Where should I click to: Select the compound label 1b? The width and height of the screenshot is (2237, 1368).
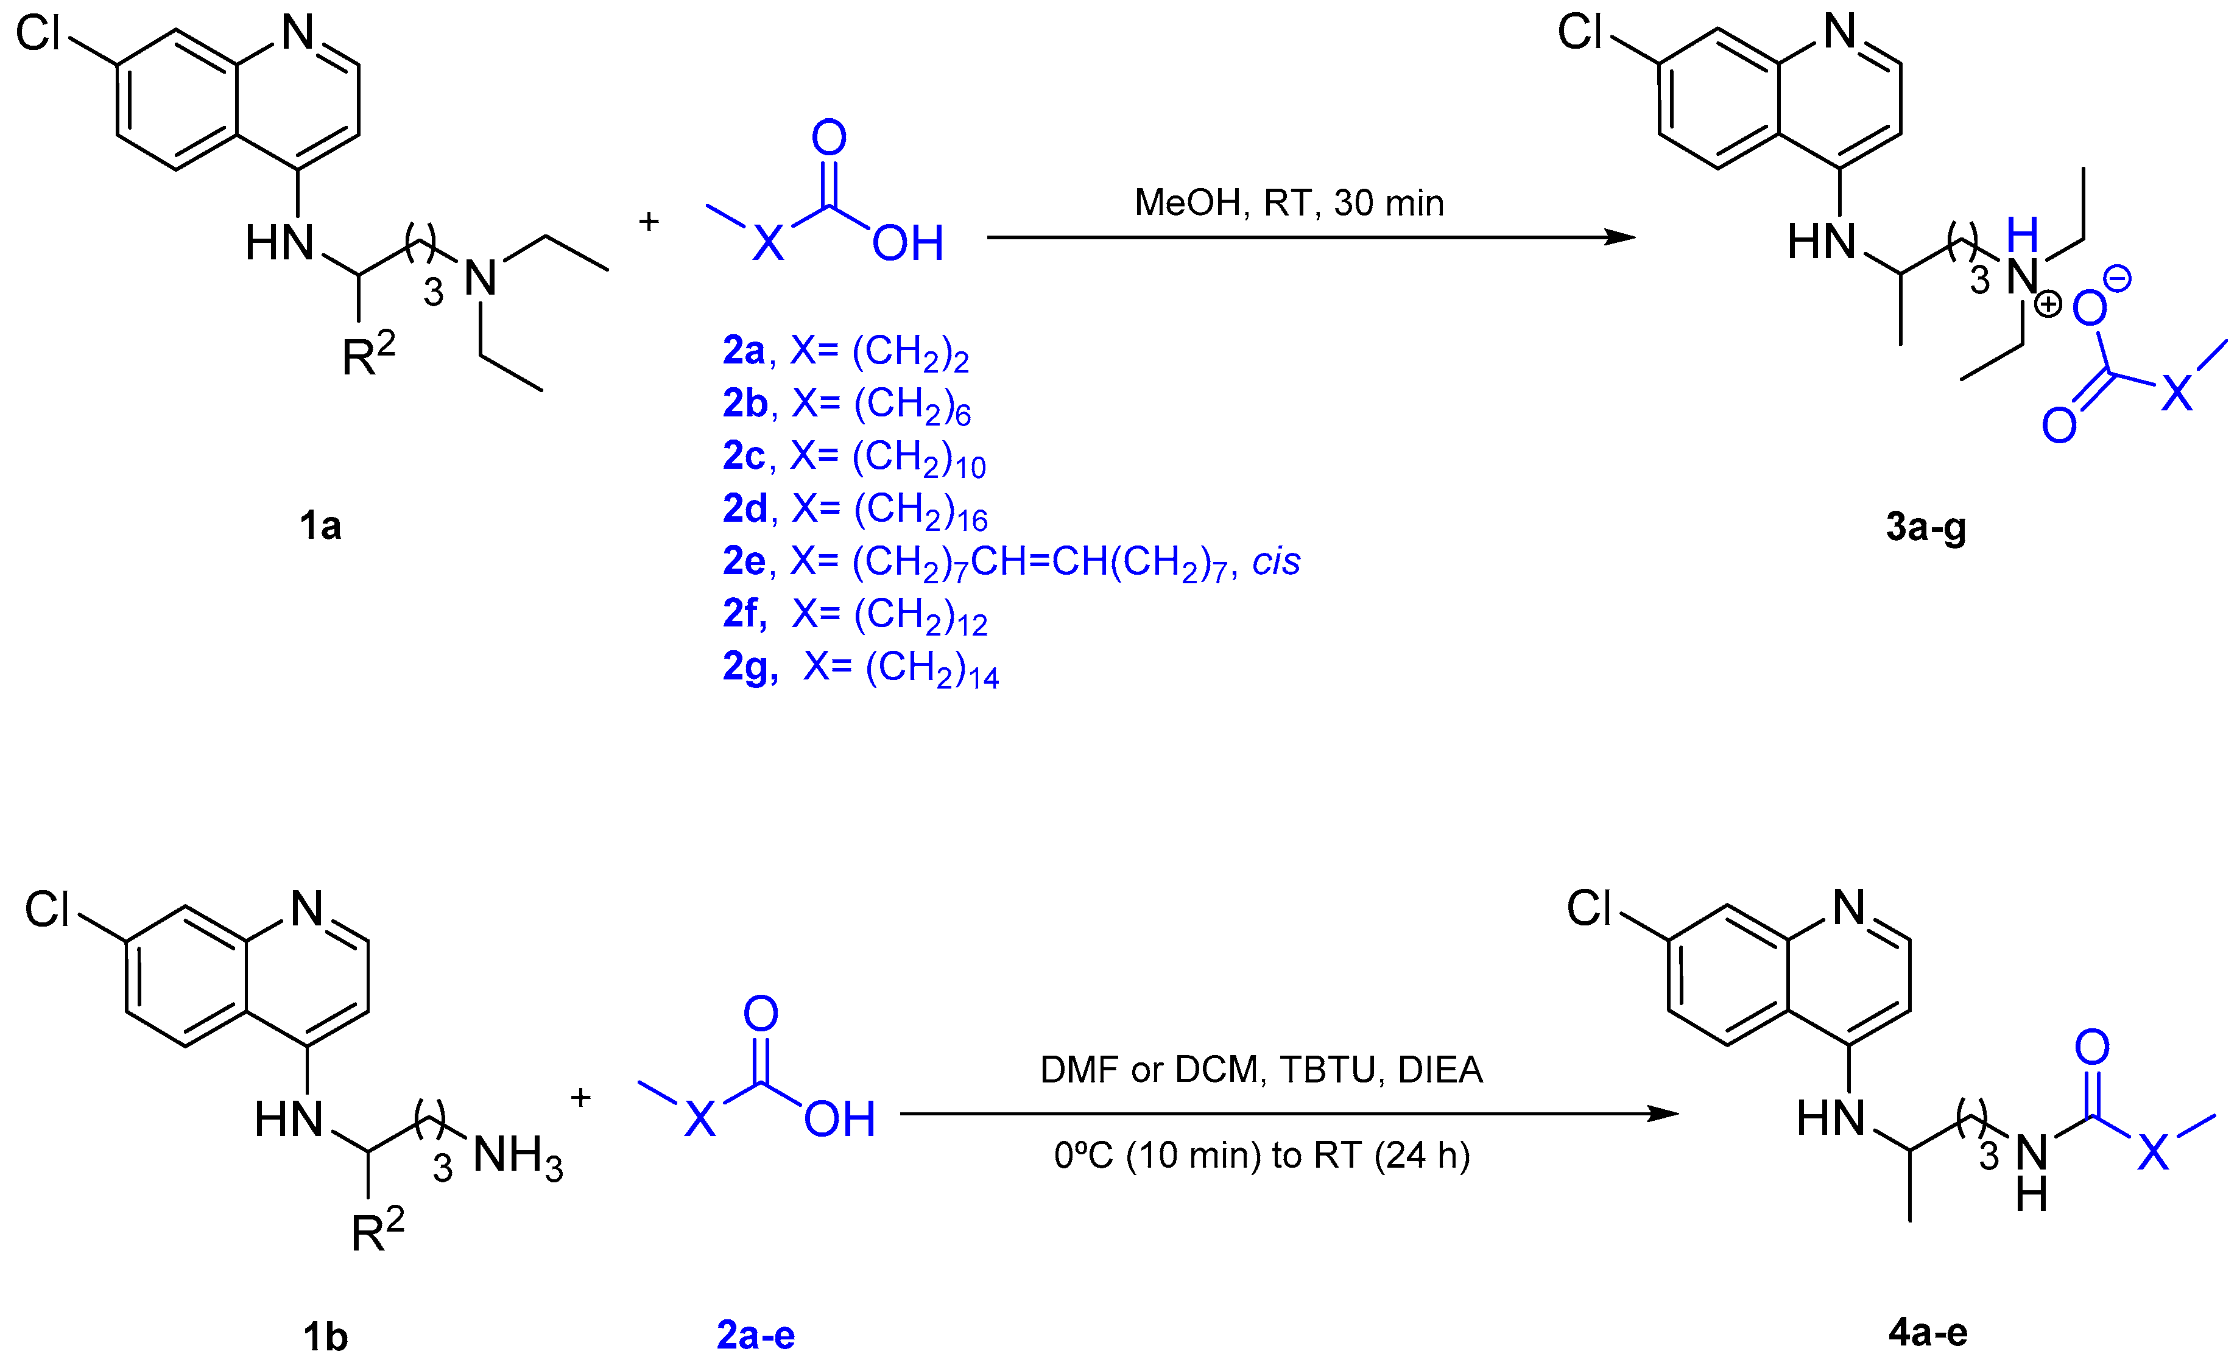(x=325, y=1337)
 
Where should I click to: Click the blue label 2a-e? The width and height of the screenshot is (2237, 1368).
(x=755, y=1335)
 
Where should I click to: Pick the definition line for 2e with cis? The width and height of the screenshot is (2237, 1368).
(x=1010, y=562)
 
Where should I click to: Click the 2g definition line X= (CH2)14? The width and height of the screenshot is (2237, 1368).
(x=860, y=668)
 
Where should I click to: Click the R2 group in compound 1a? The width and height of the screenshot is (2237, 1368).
(x=368, y=354)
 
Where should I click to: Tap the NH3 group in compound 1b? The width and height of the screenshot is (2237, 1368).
(x=518, y=1157)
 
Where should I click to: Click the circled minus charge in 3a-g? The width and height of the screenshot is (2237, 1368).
(x=2116, y=279)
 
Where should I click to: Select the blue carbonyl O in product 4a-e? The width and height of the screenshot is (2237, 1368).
(x=2091, y=1048)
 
